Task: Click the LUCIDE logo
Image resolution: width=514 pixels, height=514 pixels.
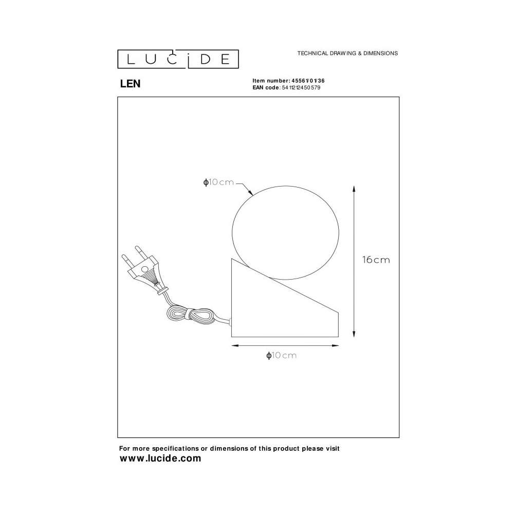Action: pos(178,59)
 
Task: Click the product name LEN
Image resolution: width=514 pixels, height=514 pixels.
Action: pos(130,84)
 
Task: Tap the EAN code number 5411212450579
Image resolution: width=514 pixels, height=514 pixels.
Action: pos(301,87)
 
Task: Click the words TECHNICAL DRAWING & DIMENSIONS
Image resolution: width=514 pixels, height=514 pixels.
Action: pos(347,53)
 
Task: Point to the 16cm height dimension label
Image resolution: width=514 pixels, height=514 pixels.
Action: pos(376,260)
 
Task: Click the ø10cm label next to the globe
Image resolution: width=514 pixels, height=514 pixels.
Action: pos(218,182)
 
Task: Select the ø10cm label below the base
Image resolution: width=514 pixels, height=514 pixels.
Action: pos(281,355)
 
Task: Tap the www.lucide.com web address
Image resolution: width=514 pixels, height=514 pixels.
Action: pos(160,458)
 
